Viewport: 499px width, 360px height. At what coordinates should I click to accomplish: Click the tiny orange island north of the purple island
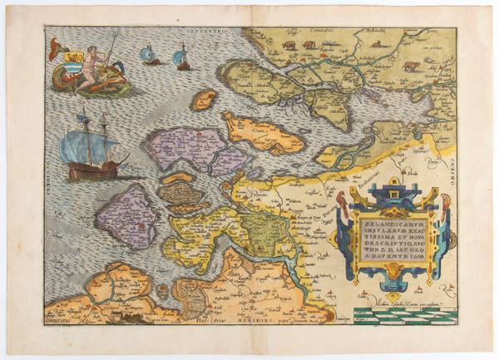click(x=203, y=100)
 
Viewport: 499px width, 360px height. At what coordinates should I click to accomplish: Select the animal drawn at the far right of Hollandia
click(x=411, y=65)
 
